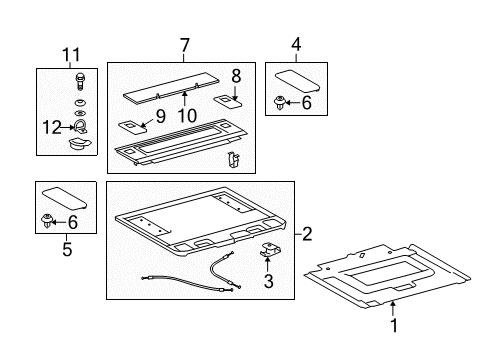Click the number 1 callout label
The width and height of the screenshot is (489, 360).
pyautogui.click(x=393, y=325)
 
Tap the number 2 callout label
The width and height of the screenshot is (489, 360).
pyautogui.click(x=308, y=234)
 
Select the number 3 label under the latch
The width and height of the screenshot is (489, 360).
pyautogui.click(x=268, y=283)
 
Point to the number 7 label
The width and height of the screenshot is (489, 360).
pyautogui.click(x=183, y=47)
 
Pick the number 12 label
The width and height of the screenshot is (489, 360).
pyautogui.click(x=50, y=127)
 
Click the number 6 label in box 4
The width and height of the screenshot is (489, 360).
pyautogui.click(x=307, y=102)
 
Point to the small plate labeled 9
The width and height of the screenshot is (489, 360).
pyautogui.click(x=134, y=125)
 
